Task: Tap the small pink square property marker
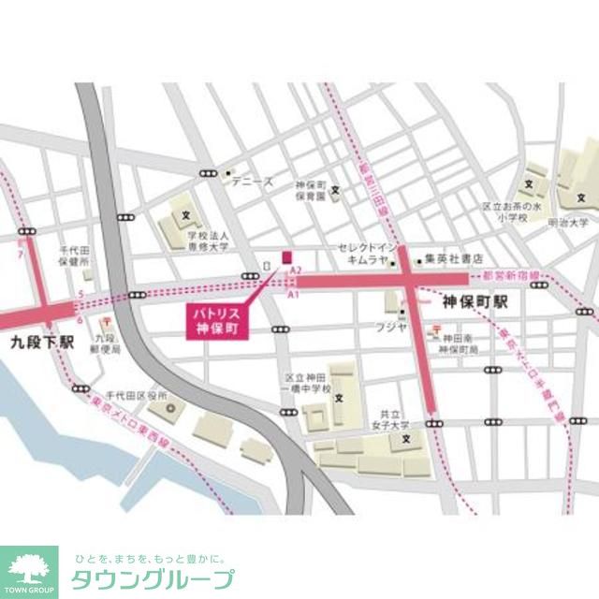click(287, 256)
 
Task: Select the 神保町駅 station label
click(475, 303)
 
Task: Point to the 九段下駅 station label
click(42, 343)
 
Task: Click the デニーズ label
click(253, 181)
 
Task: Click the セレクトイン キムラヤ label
click(364, 254)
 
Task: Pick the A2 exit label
click(295, 270)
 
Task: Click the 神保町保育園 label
click(309, 192)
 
